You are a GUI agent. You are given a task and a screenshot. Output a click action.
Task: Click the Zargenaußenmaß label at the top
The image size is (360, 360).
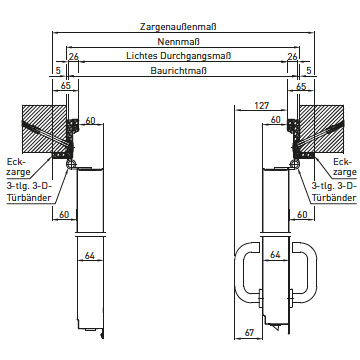[x=178, y=27]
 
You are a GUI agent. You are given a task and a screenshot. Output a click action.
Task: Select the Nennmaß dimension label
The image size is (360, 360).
[x=179, y=42]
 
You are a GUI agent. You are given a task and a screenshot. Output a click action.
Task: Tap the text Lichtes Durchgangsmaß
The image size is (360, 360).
[x=179, y=56]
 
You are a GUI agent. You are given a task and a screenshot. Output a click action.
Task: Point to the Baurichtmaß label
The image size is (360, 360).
[x=179, y=71]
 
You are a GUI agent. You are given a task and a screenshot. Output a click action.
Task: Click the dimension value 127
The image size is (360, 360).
[x=261, y=106]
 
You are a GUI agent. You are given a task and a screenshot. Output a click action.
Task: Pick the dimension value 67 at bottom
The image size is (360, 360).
[x=249, y=332]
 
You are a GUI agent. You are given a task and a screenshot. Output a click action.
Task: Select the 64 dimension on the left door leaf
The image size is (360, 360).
[x=90, y=256]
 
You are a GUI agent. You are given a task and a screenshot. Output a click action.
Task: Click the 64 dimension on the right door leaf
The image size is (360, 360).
[x=275, y=255]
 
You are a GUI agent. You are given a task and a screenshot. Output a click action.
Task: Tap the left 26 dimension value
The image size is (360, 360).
[x=74, y=57]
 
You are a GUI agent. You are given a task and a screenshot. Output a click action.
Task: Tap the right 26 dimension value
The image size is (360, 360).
[x=292, y=57]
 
